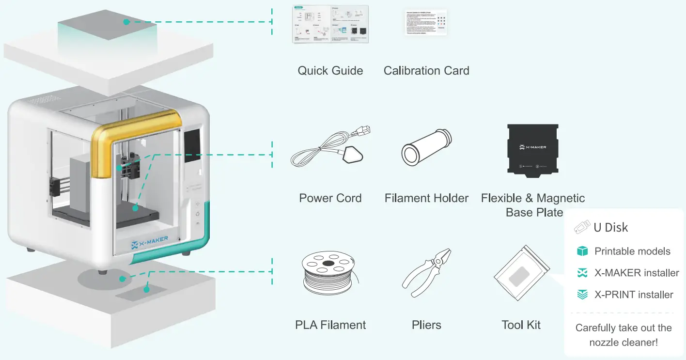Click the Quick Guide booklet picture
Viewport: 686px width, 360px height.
330,24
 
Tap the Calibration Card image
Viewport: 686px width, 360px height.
426,22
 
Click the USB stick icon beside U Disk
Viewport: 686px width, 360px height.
582,227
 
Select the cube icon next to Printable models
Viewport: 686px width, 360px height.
582,251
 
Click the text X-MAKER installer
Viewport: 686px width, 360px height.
637,273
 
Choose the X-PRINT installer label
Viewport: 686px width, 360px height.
634,295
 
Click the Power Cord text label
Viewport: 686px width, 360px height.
330,198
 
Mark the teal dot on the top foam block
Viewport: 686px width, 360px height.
126,22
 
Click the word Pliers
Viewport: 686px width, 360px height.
426,325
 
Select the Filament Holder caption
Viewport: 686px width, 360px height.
426,198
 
